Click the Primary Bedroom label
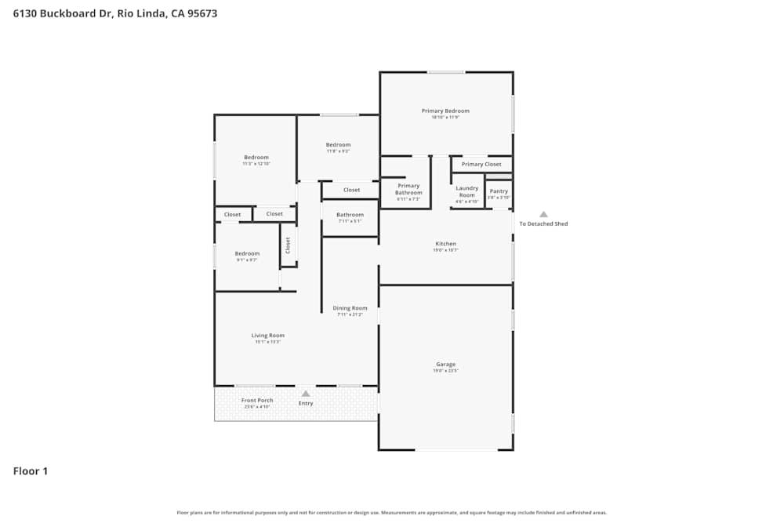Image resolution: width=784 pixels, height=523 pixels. (445, 111)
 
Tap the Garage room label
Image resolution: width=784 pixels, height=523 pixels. (445, 365)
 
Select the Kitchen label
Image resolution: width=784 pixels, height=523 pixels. (445, 244)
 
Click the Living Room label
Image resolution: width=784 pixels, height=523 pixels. (267, 336)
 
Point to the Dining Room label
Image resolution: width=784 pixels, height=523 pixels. (350, 308)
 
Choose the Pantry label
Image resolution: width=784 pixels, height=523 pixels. (499, 191)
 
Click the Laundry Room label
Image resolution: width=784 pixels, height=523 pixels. (467, 191)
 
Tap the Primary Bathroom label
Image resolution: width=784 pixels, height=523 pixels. (408, 189)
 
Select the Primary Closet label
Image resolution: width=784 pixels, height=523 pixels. (481, 165)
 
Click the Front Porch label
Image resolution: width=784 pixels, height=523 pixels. (257, 401)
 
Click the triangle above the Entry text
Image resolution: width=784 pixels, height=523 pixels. (306, 394)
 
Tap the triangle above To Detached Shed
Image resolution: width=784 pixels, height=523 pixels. (543, 214)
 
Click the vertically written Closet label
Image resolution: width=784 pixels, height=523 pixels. (288, 245)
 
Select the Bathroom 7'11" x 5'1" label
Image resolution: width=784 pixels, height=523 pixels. (350, 215)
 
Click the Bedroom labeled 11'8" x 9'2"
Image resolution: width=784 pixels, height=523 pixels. (338, 145)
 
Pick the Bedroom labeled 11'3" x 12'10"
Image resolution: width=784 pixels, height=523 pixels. (256, 158)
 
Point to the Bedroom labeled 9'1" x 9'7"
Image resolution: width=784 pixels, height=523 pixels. (247, 254)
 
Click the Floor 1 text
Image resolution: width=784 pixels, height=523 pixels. (31, 471)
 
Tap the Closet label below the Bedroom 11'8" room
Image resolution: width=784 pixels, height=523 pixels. (351, 190)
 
